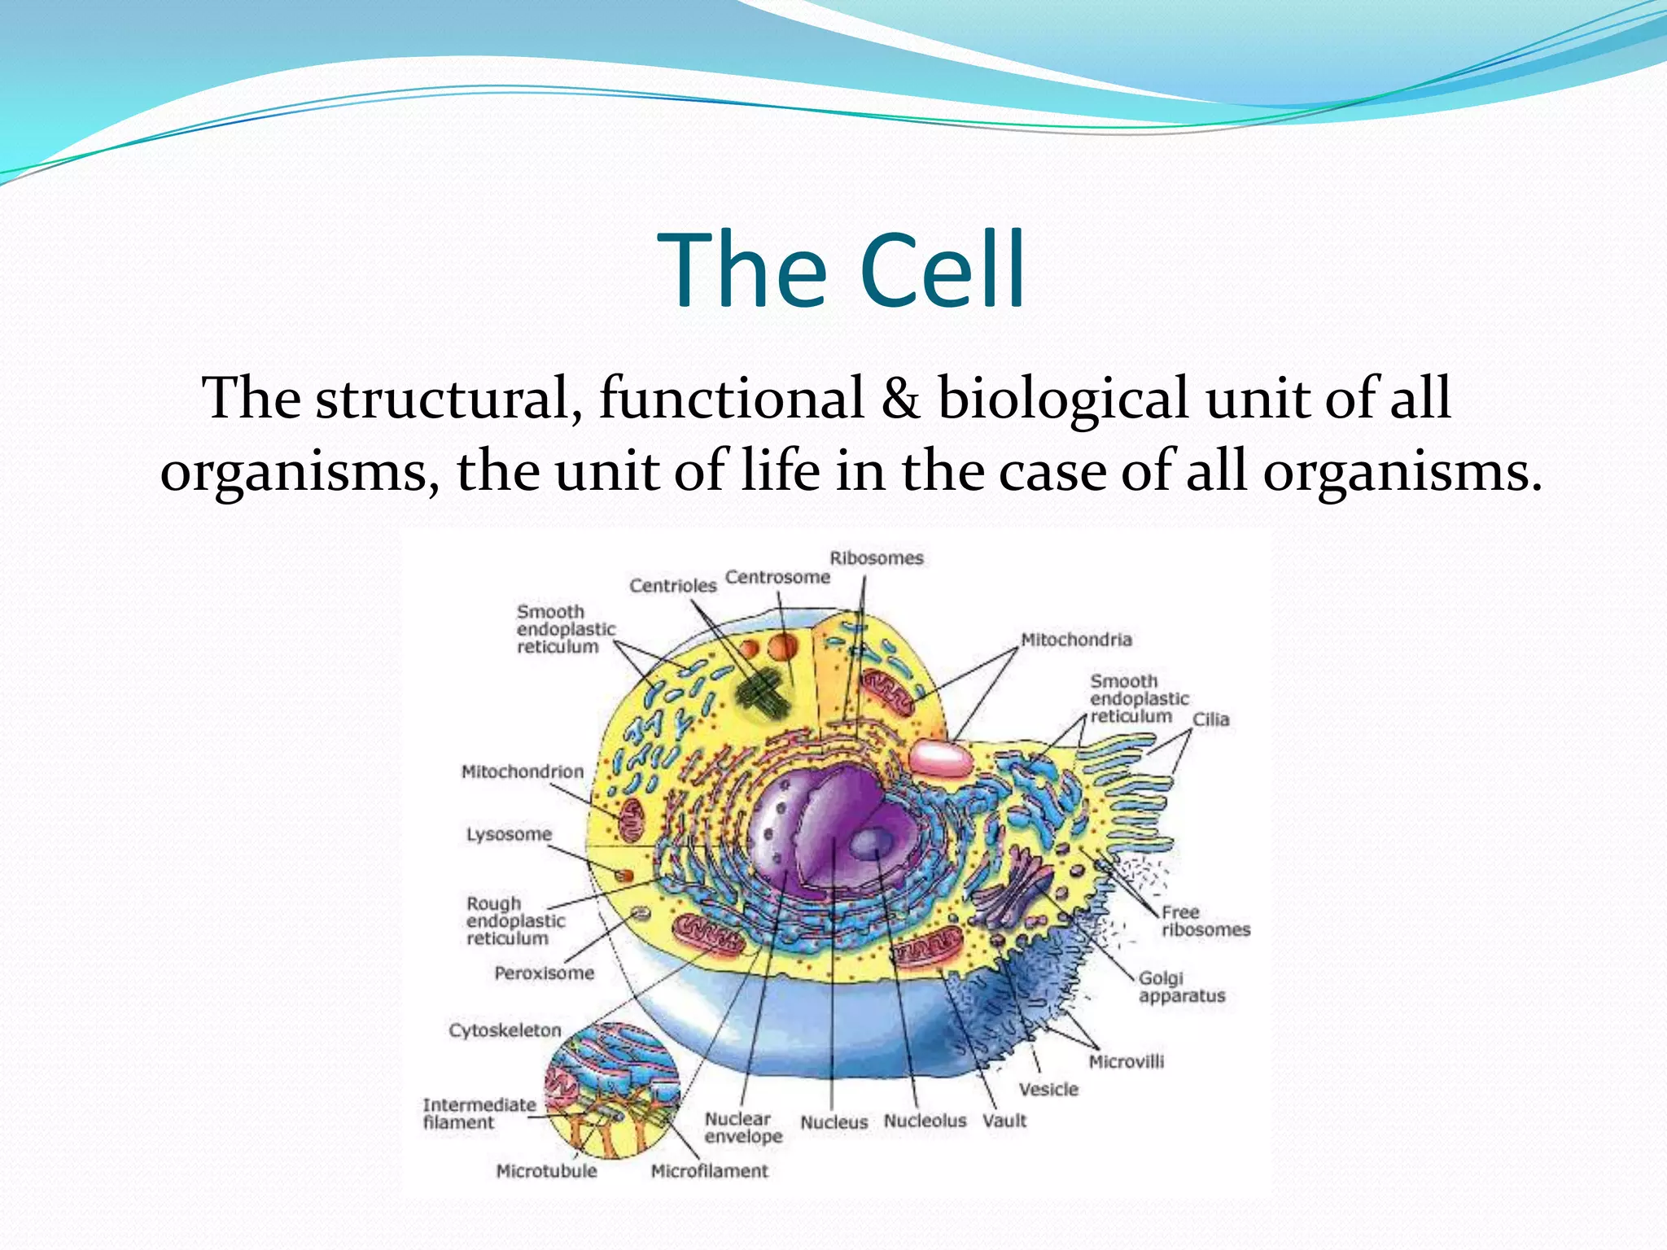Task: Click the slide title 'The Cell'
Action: (x=844, y=270)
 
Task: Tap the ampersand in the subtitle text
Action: (x=901, y=399)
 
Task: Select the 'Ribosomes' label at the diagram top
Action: (x=877, y=558)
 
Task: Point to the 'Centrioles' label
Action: (x=672, y=586)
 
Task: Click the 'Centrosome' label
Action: (x=777, y=577)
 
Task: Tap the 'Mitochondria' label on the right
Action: (x=1076, y=640)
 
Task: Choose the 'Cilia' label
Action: (x=1210, y=719)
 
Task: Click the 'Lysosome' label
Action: (x=509, y=834)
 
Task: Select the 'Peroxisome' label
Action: (x=544, y=973)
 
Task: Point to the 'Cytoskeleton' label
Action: (x=505, y=1030)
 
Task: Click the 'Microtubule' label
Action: (x=546, y=1171)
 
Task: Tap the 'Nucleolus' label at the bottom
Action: (x=925, y=1121)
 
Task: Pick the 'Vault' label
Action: (x=1004, y=1121)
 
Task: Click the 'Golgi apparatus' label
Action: (x=1180, y=987)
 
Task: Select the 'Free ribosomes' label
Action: (x=1205, y=921)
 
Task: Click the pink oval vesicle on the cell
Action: (x=941, y=758)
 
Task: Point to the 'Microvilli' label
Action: (x=1126, y=1061)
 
